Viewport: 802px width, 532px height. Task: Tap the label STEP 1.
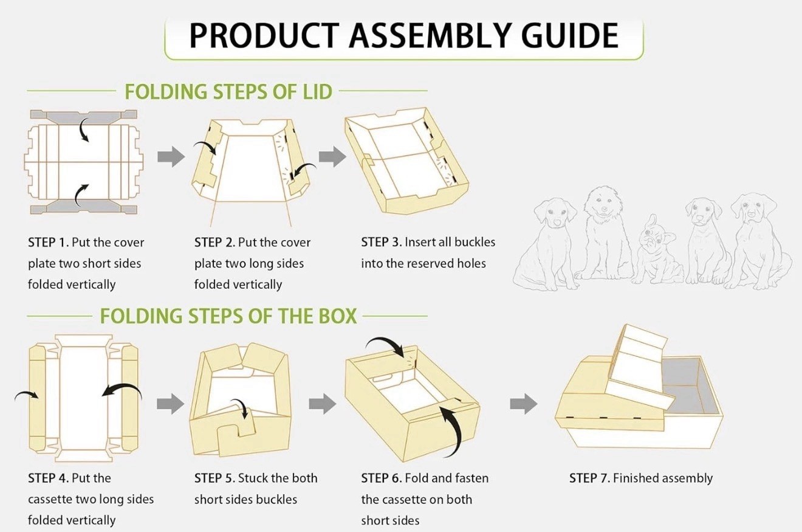tap(48, 242)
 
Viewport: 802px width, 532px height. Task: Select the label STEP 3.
tap(381, 242)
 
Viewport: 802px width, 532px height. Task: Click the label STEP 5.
tap(214, 478)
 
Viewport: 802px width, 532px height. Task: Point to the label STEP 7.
tap(589, 478)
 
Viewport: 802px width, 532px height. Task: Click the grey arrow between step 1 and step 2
tap(171, 157)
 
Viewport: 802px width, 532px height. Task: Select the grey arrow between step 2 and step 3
tap(332, 157)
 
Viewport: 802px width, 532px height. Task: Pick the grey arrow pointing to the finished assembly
tap(523, 404)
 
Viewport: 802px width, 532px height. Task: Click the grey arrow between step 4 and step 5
tap(171, 404)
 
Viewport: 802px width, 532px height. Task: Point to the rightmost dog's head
tap(754, 210)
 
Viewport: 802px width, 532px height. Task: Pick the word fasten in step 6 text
tap(471, 478)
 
